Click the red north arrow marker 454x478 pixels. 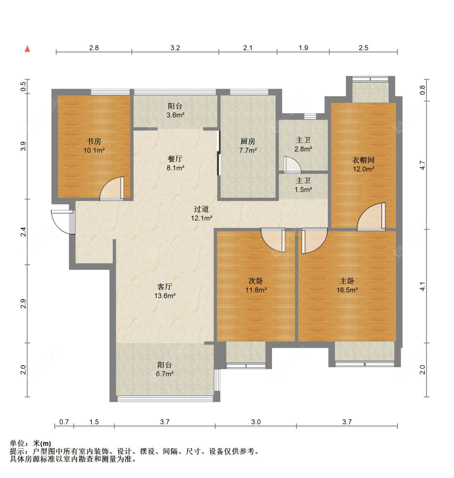pos(27,49)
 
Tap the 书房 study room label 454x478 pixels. pos(94,142)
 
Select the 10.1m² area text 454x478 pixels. pos(94,150)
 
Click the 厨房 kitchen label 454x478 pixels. pos(248,142)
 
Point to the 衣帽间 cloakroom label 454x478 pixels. pos(363,160)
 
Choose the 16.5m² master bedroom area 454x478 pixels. pos(347,290)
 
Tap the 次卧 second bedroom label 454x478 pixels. pos(256,281)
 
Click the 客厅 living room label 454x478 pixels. pos(165,287)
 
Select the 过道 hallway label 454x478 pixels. pos(201,209)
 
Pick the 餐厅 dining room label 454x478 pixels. pos(175,159)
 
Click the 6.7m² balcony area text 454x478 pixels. pos(165,374)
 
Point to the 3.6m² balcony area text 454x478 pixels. pos(175,115)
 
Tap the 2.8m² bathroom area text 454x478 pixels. pos(303,149)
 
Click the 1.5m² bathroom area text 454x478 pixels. pos(303,190)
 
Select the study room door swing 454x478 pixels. pos(112,188)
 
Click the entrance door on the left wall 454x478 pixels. pos(63,222)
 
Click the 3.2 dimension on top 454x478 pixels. pos(175,48)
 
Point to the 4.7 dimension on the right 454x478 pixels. pos(422,165)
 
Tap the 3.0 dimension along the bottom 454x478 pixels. pos(256,422)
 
